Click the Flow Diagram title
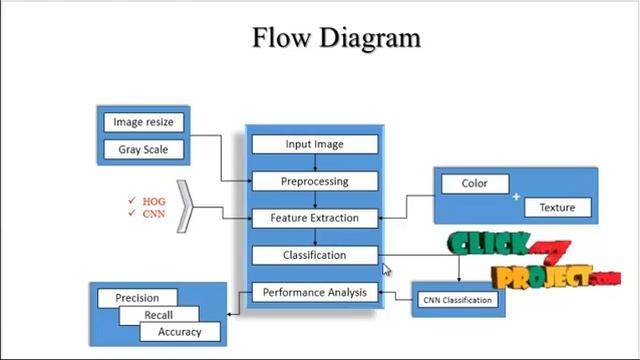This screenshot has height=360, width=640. [x=336, y=38]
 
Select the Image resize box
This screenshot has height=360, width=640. [x=143, y=122]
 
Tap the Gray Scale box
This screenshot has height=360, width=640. [x=143, y=150]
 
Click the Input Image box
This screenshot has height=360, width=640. [x=314, y=144]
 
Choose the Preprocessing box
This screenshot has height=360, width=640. [x=314, y=181]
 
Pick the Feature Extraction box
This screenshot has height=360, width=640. [x=314, y=217]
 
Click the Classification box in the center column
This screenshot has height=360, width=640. [x=314, y=255]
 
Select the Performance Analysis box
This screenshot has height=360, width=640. [x=314, y=293]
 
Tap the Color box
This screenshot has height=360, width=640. [x=474, y=184]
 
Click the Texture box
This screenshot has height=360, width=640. [x=557, y=208]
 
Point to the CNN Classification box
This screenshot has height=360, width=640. [x=457, y=300]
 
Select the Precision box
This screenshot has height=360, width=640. [x=137, y=298]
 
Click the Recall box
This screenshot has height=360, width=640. [x=158, y=315]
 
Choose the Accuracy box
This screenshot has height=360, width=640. [x=179, y=332]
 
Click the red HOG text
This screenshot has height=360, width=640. [x=153, y=201]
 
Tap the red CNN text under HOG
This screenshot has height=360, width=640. [x=153, y=214]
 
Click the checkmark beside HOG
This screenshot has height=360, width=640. [x=131, y=201]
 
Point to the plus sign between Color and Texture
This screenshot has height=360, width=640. [x=517, y=197]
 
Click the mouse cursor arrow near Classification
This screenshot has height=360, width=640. [x=386, y=269]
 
